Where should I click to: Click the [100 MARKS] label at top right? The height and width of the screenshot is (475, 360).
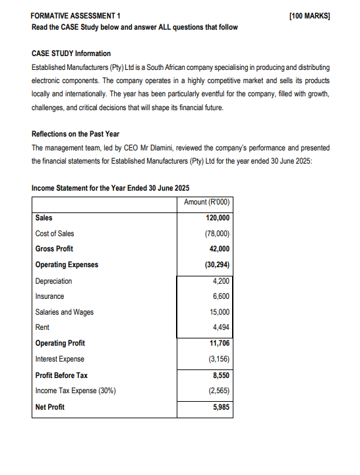coord(309,15)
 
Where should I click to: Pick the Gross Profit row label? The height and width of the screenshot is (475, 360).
coord(54,249)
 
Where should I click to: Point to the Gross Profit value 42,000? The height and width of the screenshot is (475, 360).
coord(218,249)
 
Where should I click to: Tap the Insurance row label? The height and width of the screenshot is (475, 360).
coord(49,297)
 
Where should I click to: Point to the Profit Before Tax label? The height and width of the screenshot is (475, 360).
coord(61,375)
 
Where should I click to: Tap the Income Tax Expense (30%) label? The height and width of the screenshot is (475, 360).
coord(76,391)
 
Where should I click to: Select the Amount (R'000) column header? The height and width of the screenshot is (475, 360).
coord(208,202)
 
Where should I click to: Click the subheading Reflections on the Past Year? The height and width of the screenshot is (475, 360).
coord(75,134)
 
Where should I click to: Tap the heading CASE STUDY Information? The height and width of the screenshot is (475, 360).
coord(71,53)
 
